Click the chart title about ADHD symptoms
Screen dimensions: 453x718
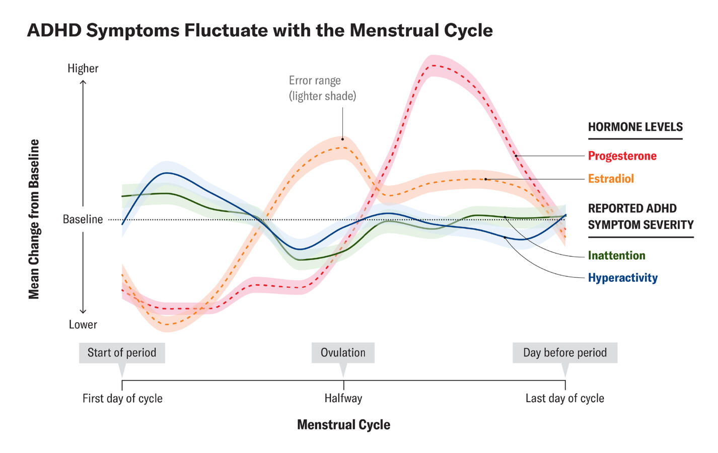pyautogui.click(x=260, y=30)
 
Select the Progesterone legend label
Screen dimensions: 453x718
pyautogui.click(x=622, y=156)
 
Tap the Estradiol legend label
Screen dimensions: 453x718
pyautogui.click(x=611, y=179)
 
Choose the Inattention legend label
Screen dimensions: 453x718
pyautogui.click(x=616, y=256)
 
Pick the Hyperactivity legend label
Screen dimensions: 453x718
pyautogui.click(x=622, y=278)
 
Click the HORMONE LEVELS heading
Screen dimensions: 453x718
pyautogui.click(x=635, y=127)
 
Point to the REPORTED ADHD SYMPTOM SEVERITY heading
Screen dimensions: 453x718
pyautogui.click(x=640, y=216)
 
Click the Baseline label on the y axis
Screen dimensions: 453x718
pyautogui.click(x=83, y=219)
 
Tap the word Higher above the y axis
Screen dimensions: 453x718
pyautogui.click(x=83, y=68)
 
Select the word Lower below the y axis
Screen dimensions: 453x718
pyautogui.click(x=83, y=325)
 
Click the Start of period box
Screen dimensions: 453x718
pyautogui.click(x=122, y=353)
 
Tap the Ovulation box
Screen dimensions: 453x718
pyautogui.click(x=343, y=353)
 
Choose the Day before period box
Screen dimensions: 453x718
pyautogui.click(x=564, y=353)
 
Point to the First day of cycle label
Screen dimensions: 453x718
pyautogui.click(x=122, y=399)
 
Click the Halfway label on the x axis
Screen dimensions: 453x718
pyautogui.click(x=343, y=399)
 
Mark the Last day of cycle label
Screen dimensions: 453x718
pyautogui.click(x=564, y=399)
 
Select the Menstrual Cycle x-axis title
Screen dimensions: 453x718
pyautogui.click(x=343, y=425)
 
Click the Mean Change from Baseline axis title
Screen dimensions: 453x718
pyautogui.click(x=34, y=219)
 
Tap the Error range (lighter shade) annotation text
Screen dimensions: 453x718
pyautogui.click(x=322, y=88)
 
